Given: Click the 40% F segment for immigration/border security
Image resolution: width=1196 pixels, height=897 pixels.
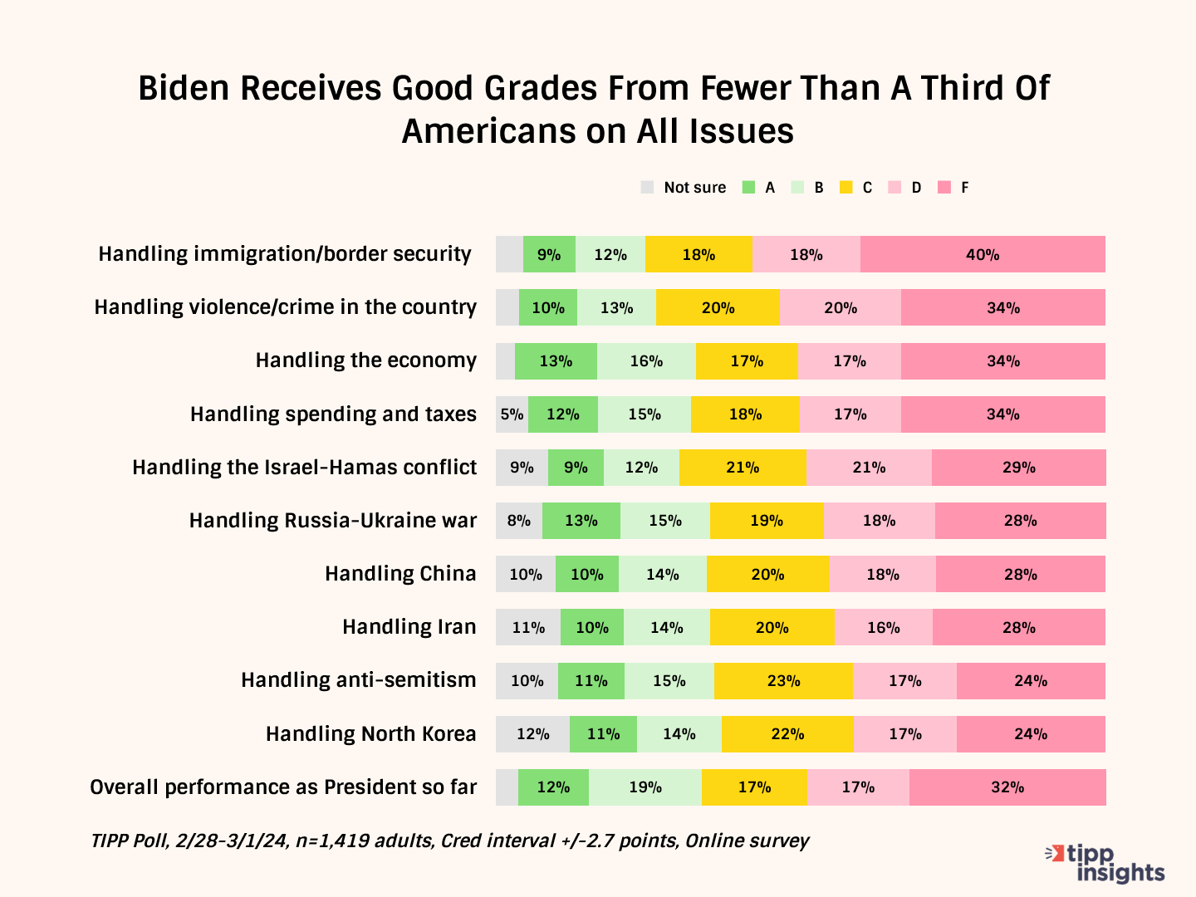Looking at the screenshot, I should tap(983, 254).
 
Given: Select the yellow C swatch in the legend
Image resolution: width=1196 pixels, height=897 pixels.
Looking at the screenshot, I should tap(846, 188).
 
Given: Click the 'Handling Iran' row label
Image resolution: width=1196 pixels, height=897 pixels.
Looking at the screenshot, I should tap(409, 627).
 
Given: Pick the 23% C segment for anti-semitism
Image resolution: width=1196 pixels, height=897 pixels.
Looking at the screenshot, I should tap(783, 681).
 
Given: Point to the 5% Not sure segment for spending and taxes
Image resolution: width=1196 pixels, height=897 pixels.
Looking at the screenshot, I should tap(512, 414).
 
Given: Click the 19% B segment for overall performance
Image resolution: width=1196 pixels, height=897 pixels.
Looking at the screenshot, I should tap(645, 787).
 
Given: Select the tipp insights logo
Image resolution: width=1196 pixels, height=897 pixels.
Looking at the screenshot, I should tap(1107, 863).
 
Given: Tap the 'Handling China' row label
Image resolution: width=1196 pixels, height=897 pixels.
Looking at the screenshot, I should tap(400, 574).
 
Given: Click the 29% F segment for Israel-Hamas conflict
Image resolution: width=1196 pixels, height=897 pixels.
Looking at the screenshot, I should tap(1018, 468).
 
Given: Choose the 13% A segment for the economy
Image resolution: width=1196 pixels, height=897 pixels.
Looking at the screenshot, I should tap(556, 361).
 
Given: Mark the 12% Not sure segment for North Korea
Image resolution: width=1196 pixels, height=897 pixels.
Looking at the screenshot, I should tap(532, 734).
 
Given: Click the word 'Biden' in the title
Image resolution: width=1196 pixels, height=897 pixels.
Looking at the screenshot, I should tap(184, 88).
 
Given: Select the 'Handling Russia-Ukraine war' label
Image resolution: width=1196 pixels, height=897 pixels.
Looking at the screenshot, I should tap(333, 521).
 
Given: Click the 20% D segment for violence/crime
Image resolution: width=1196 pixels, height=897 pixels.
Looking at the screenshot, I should tap(841, 308).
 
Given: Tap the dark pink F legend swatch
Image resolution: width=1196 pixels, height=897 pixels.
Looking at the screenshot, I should tap(944, 188).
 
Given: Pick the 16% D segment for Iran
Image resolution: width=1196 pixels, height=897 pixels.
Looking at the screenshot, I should tap(884, 628).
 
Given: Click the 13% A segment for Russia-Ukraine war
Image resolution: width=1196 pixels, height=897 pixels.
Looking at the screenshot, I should tap(581, 521).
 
